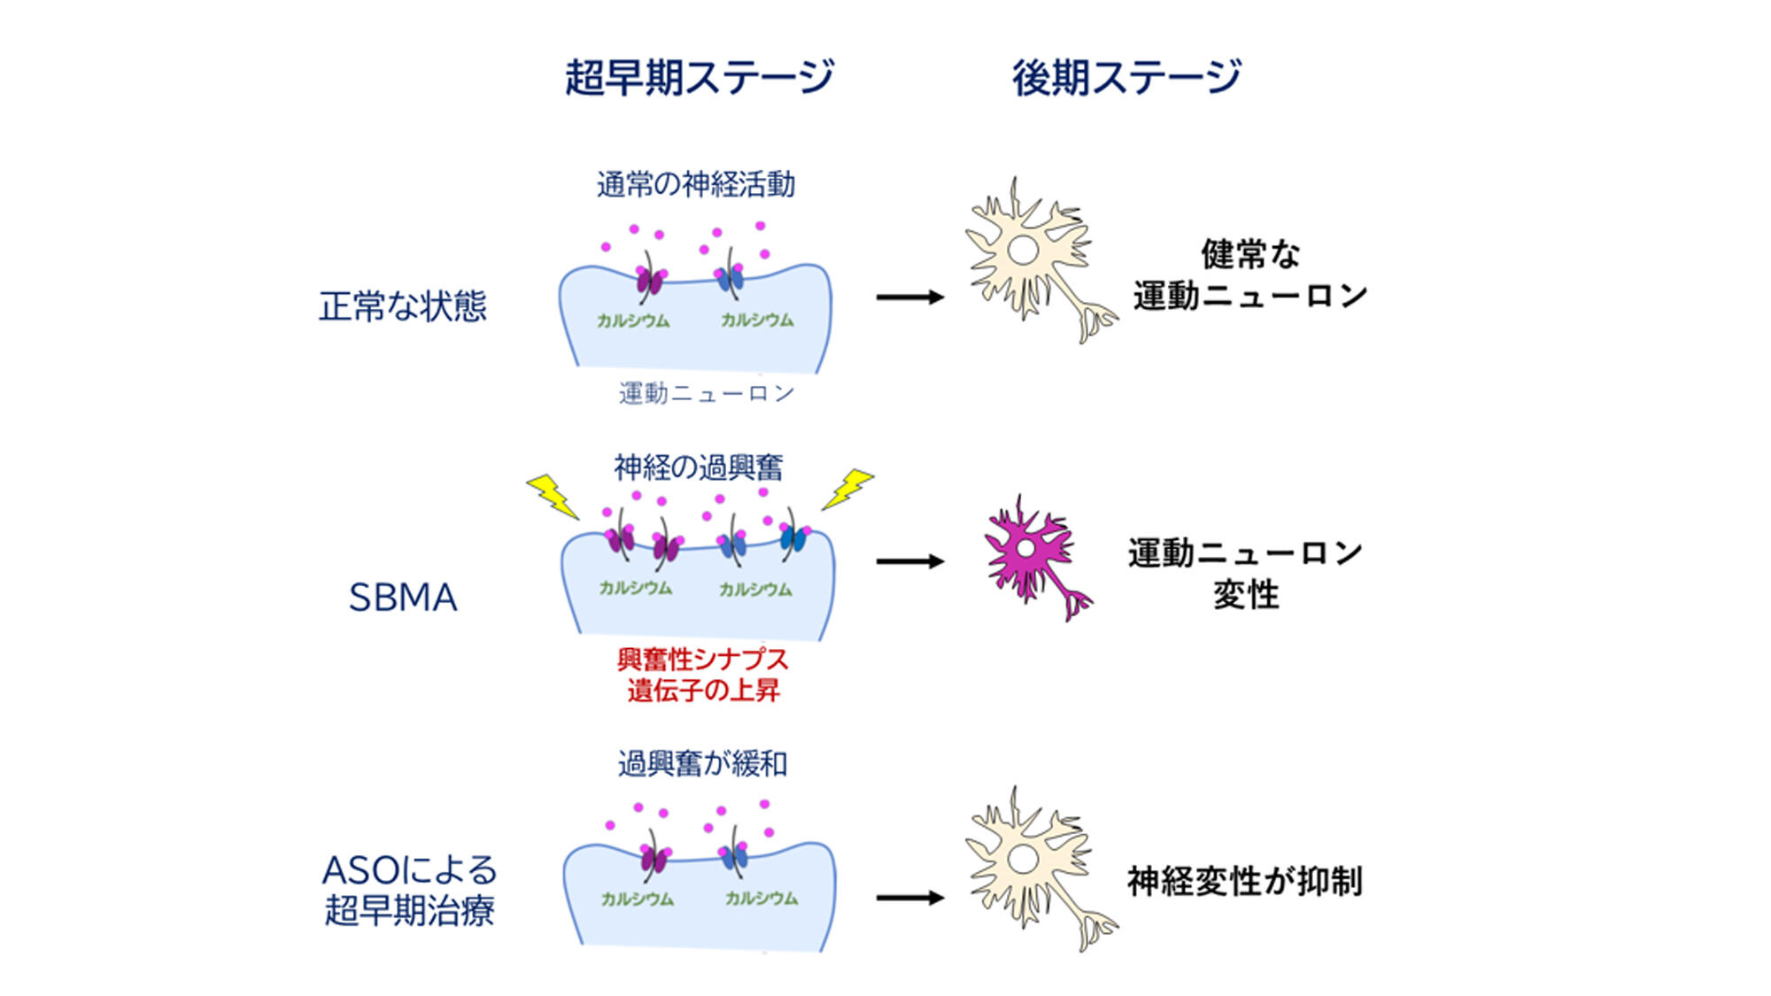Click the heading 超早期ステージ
pos(699,77)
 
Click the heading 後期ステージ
pos(1126,77)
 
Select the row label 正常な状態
pos(403,306)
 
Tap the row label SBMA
pos(403,598)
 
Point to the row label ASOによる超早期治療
pos(409,890)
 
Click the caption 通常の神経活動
pos(696,184)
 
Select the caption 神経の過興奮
pos(699,467)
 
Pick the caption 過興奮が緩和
pos(702,762)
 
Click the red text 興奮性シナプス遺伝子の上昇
pos(702,675)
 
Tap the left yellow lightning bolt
pos(553,496)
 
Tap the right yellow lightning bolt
pos(847,490)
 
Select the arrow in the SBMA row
pos(910,561)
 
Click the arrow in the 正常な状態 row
pos(910,297)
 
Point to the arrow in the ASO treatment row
pos(910,898)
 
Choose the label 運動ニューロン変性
pos(1245,573)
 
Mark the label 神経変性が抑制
pos(1244,881)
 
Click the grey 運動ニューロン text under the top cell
pos(707,392)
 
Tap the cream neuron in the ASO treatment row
pos(1032,863)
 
